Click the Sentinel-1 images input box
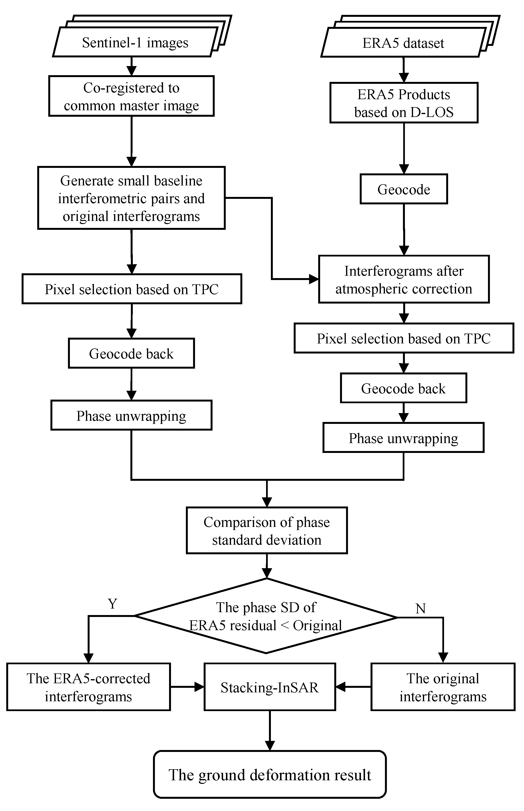point(135,43)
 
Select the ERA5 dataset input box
point(403,43)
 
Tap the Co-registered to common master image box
point(131,96)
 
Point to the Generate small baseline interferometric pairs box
point(131,198)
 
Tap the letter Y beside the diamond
point(113,604)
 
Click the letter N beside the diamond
point(420,609)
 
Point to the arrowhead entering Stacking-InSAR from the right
point(340,687)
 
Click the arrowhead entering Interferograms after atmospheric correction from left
point(314,279)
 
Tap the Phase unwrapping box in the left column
point(131,415)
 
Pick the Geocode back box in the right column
point(403,388)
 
